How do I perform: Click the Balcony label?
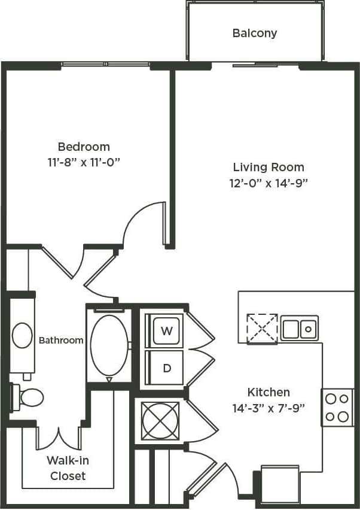coord(255,33)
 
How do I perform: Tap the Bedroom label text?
coord(84,147)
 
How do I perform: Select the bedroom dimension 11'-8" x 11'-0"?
coord(84,162)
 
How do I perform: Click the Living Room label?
coord(269,167)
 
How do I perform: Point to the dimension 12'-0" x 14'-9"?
coord(269,183)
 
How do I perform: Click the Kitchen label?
coord(269,393)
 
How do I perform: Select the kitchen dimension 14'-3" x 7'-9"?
coord(269,408)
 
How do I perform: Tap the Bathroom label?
coord(61,341)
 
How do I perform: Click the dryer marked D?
coord(167,368)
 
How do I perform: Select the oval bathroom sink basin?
coord(22,336)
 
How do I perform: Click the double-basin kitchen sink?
coord(300,328)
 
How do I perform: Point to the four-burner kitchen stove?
coord(337,408)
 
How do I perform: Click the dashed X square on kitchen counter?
coord(263,328)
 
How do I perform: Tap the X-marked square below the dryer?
coord(160,421)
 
